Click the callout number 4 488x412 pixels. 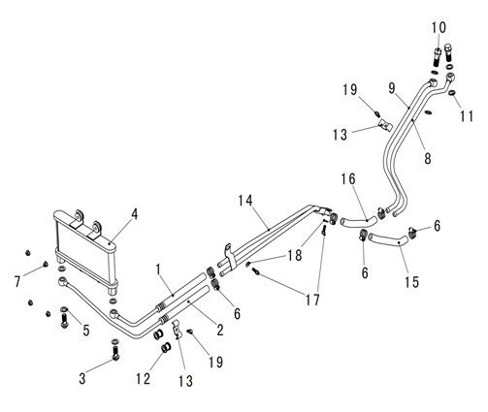134,214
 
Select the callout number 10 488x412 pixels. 439,28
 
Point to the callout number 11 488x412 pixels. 467,116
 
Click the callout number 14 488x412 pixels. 245,201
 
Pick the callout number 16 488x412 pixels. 348,179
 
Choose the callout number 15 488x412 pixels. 411,281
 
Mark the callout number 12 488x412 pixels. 143,378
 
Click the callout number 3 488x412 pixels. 82,378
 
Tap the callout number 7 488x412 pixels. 17,281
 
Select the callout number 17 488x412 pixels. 312,301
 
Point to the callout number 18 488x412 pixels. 294,255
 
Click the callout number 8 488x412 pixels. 428,158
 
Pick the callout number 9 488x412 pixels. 392,88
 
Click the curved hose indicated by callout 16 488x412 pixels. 358,222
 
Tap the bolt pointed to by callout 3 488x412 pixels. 115,350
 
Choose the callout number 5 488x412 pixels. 86,330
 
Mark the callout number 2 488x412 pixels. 220,330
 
